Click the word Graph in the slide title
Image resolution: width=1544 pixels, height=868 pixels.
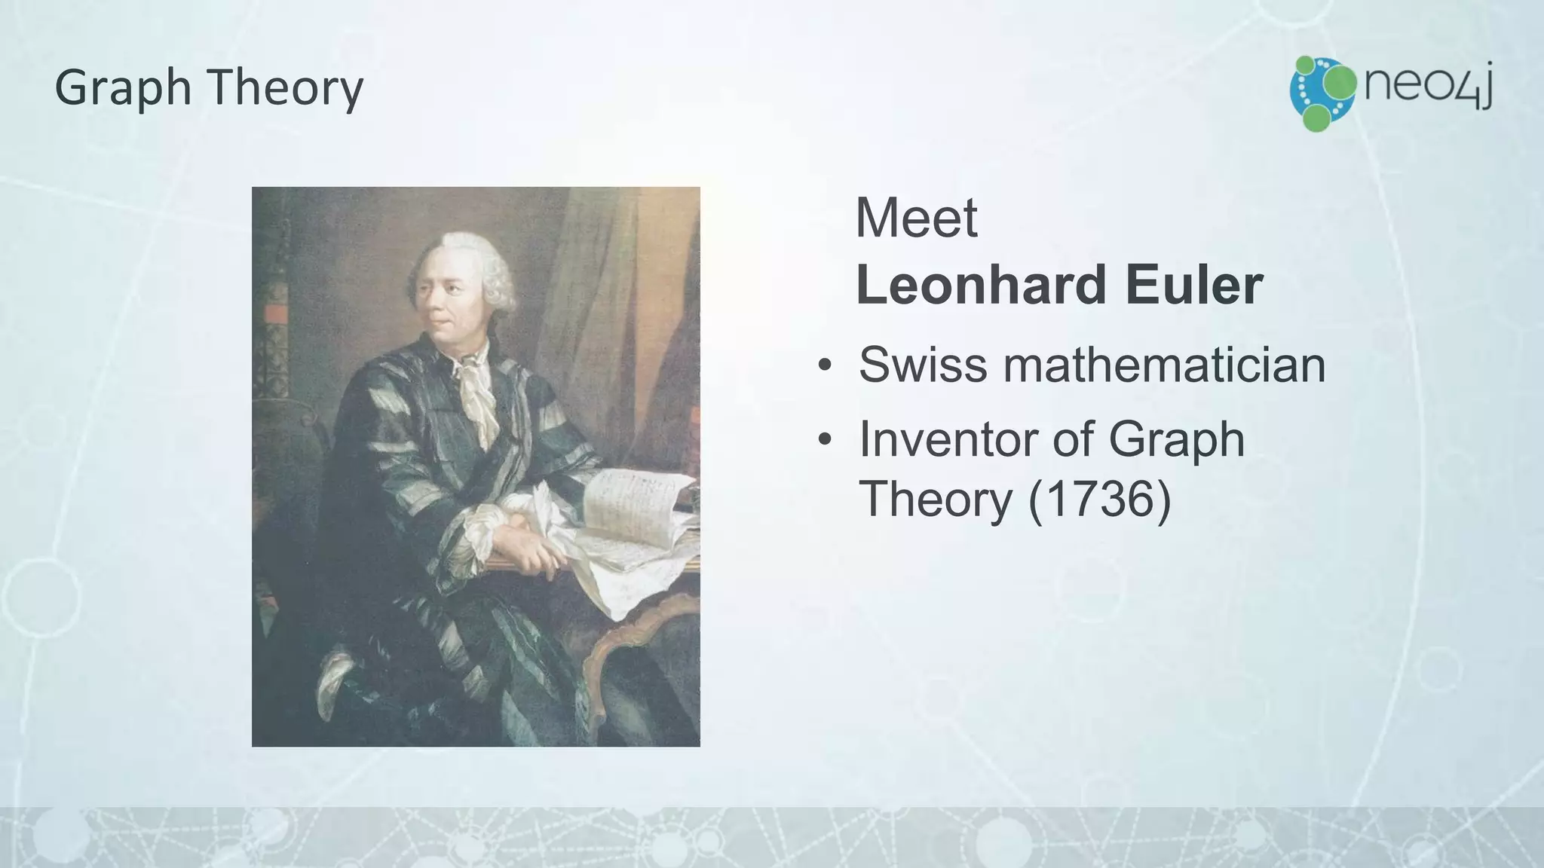tap(124, 88)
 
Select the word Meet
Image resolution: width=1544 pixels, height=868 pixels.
tap(916, 219)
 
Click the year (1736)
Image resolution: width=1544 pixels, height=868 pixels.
tap(1099, 499)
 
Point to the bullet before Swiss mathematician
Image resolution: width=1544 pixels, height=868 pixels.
tap(826, 366)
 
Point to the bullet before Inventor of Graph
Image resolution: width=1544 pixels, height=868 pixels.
tap(826, 440)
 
